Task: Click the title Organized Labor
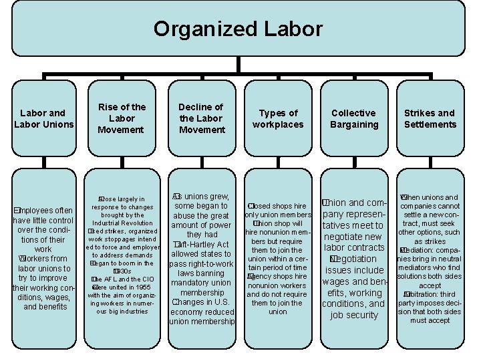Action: tap(238, 29)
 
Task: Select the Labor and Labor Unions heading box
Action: tap(43, 118)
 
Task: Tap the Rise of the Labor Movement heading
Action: tap(122, 118)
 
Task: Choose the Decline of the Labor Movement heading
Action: tap(201, 118)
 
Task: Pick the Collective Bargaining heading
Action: tap(354, 118)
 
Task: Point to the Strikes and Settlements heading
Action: tap(430, 118)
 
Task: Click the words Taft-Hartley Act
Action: tap(202, 245)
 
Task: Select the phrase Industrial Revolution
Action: tap(122, 223)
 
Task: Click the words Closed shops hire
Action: tap(278, 206)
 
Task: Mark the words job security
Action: tap(354, 315)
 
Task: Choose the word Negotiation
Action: tap(355, 259)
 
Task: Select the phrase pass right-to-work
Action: tap(201, 263)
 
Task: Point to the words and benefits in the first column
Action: tap(45, 307)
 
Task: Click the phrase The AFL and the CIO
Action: tap(122, 279)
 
